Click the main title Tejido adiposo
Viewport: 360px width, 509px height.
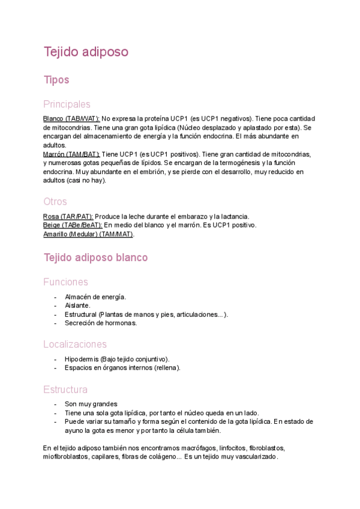86,52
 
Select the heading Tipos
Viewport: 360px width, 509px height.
56,80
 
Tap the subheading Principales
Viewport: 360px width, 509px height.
67,104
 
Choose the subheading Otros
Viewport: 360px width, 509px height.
55,201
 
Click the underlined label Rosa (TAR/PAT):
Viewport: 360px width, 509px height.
68,216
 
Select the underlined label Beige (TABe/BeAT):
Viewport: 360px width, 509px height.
73,225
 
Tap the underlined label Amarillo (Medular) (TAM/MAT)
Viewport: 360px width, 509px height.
88,234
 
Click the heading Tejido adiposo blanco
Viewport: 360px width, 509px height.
95,258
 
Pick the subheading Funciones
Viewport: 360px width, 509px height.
65,282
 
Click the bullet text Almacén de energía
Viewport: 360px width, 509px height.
95,297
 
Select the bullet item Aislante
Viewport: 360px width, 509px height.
77,306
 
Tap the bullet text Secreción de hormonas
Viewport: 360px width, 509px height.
101,323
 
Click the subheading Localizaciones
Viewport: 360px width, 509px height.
75,344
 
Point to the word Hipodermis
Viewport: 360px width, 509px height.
81,359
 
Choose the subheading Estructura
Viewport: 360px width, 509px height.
65,390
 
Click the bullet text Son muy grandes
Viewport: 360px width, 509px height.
91,404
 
